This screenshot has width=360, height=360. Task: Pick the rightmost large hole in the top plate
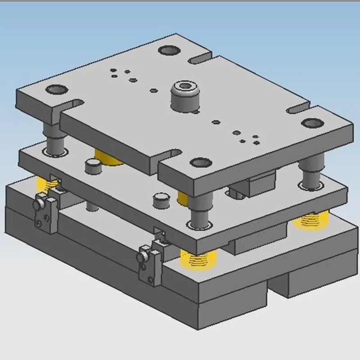tap(312, 123)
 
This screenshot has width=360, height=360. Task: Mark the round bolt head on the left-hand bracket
tap(37, 205)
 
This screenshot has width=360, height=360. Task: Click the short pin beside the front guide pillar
tap(161, 201)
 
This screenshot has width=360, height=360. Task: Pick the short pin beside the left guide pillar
tap(92, 167)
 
